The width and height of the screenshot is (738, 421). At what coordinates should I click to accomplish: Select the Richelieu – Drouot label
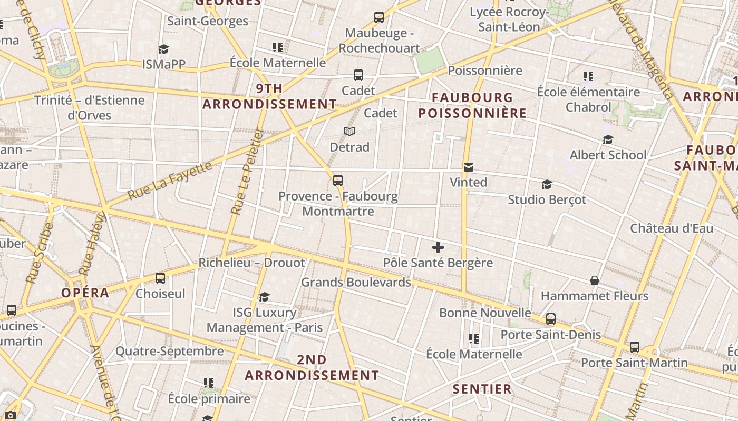coord(251,263)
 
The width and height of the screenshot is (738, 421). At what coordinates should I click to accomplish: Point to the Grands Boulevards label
coord(356,282)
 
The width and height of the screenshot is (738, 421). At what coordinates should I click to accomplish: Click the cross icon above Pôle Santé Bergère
coord(438,247)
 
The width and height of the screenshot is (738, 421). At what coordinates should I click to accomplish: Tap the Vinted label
coord(468,182)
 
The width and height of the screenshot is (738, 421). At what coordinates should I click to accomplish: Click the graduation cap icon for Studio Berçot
coord(547,185)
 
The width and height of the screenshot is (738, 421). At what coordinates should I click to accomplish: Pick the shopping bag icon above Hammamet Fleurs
coord(595,280)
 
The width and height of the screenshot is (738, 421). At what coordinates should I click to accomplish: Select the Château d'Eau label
coord(672,228)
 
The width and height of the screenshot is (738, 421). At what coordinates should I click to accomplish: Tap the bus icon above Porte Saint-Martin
coord(635,347)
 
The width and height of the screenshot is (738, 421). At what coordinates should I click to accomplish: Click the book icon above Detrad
coord(349,131)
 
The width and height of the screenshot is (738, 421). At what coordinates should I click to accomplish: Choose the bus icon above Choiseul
coord(160,278)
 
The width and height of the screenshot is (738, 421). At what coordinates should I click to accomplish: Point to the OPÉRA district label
coord(85,293)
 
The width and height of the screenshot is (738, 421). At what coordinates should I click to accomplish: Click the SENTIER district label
coord(482,389)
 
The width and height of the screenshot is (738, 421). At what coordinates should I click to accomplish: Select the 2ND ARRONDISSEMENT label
coord(312,367)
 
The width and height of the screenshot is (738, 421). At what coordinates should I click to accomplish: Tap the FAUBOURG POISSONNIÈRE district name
coord(472,105)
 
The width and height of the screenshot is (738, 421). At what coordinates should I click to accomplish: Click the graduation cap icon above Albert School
coord(608,139)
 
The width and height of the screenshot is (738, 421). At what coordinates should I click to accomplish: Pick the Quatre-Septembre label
coord(170,351)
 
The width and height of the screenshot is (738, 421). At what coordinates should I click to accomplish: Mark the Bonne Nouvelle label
coord(485,313)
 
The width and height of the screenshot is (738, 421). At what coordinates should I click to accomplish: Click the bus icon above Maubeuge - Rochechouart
coord(379,17)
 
